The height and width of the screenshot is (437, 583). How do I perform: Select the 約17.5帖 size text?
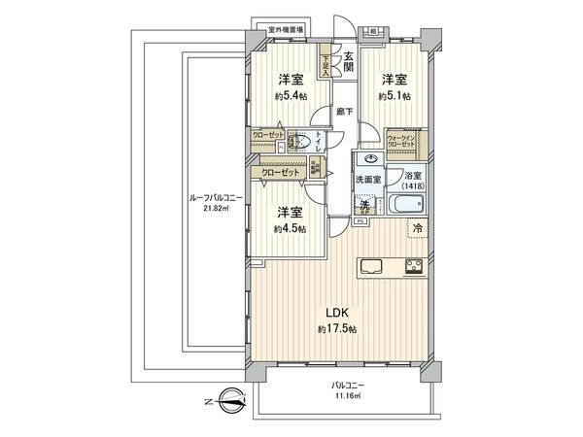pyautogui.click(x=336, y=329)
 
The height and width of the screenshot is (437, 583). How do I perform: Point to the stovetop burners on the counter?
pyautogui.click(x=415, y=265)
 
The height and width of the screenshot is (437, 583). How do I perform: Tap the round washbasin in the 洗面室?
pyautogui.click(x=369, y=159)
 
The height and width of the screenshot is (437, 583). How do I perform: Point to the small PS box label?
pyautogui.click(x=359, y=221)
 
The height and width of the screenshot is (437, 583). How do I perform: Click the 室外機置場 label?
pyautogui.click(x=287, y=29)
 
